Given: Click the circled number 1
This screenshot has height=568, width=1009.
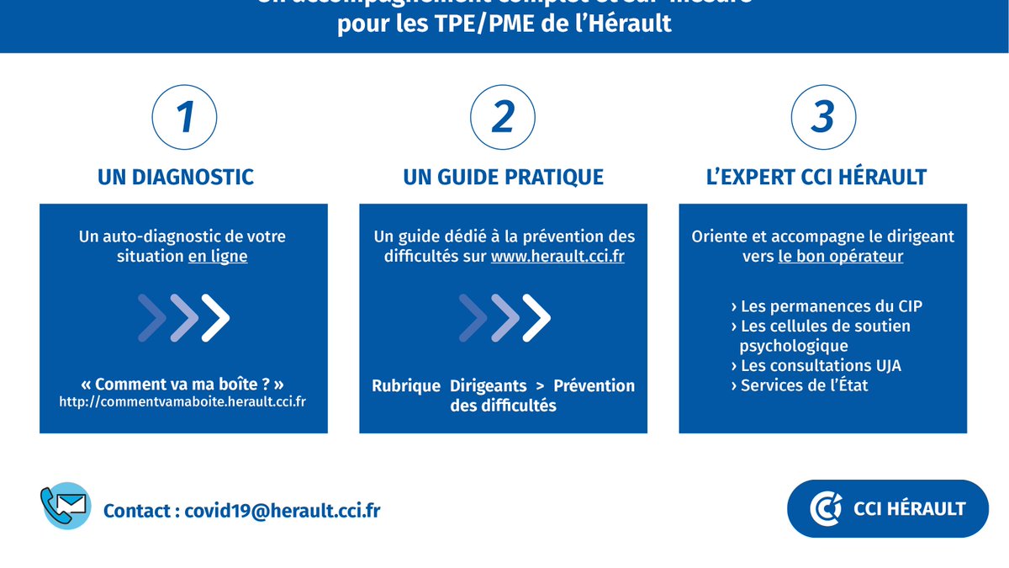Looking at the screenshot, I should pos(184,117).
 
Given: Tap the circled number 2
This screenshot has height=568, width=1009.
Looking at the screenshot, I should pos(503,117).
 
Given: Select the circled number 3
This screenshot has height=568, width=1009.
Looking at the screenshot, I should pos(822,117).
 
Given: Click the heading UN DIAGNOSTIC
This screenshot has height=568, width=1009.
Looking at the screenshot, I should pos(176,177).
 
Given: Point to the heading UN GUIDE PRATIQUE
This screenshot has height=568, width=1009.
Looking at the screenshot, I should pos(503,177).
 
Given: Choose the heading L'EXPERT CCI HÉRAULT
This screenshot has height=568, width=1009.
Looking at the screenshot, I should pos(816,177).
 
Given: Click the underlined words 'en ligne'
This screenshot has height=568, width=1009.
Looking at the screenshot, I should pos(218,257).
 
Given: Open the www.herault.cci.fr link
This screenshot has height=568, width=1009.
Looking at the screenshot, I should pos(557,257).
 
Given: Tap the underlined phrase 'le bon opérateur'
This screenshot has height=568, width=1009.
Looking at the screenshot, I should pos(841,257).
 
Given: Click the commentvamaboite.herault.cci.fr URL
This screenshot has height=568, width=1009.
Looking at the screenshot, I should pos(182,401).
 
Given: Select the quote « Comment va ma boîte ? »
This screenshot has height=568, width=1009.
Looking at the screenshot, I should pos(183,384).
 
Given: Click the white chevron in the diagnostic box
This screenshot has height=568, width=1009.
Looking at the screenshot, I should pos(216,317).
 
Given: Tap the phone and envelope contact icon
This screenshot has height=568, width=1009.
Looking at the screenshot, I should pos(66,506).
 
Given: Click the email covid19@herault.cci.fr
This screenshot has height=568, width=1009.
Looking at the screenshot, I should pos(283,511).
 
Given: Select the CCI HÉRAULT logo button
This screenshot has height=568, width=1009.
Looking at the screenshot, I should pos(887,508).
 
